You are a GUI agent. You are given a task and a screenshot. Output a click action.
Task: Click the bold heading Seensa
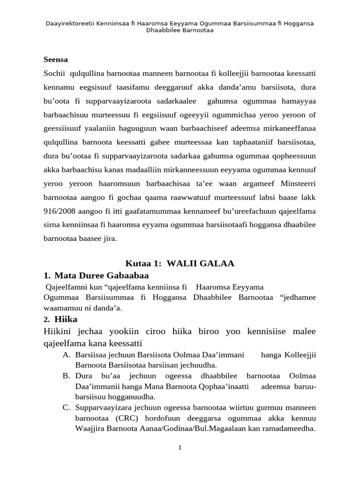pos(55,60)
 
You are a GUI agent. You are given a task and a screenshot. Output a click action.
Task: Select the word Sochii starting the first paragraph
pos(54,73)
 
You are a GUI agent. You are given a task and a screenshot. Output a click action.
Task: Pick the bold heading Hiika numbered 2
pos(66,320)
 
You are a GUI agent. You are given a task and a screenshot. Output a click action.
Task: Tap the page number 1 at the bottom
pos(180,448)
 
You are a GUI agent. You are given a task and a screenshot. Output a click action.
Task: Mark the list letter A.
pos(66,355)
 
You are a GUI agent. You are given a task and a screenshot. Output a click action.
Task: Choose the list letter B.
pos(66,376)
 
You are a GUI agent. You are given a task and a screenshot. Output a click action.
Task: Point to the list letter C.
pos(66,408)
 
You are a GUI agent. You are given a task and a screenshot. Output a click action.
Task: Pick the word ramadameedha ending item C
pos(290,428)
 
